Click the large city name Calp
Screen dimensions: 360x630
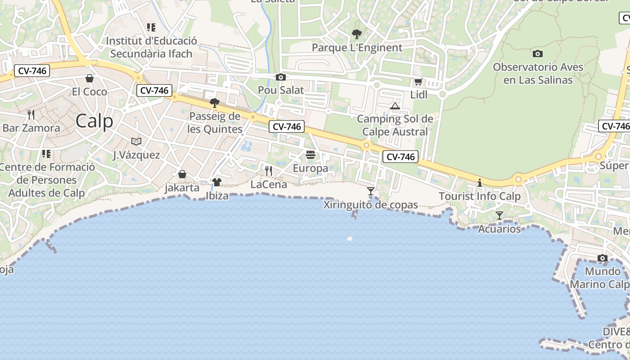click(94, 121)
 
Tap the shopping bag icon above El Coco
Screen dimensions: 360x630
click(90, 78)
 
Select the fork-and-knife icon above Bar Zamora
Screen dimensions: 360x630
click(31, 115)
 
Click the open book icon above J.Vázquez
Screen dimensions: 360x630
click(136, 141)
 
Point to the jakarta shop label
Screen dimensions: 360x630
click(182, 188)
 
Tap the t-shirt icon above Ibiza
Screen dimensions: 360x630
click(217, 182)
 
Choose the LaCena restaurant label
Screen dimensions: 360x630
click(269, 184)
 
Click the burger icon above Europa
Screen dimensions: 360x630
click(310, 155)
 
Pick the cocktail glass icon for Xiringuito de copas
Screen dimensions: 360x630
click(370, 191)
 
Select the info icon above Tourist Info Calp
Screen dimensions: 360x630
click(480, 183)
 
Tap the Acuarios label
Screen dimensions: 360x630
click(499, 229)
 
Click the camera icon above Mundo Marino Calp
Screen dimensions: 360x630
click(603, 258)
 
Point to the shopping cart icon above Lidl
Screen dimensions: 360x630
click(418, 81)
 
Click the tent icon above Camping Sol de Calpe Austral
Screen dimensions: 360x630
click(395, 106)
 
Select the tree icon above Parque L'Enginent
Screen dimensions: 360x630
click(357, 34)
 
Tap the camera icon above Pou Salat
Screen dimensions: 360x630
click(281, 77)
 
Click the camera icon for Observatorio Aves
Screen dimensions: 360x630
click(537, 54)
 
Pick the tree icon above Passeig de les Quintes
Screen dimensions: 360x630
click(215, 103)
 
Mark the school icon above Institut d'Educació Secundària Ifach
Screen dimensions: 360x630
click(151, 27)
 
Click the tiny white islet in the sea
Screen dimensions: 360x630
click(350, 238)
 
